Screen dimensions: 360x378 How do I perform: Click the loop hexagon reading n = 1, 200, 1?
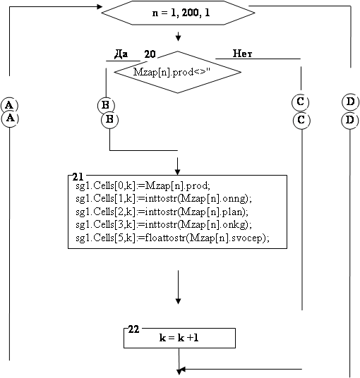pyautogui.click(x=178, y=13)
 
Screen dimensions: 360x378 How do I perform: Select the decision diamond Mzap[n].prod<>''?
pyautogui.click(x=178, y=72)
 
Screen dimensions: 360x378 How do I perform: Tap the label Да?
pyautogui.click(x=121, y=54)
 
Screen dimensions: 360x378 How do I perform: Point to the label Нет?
pyautogui.click(x=242, y=54)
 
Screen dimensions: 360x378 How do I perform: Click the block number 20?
pyautogui.click(x=150, y=54)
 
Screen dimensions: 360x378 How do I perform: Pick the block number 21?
pyautogui.click(x=78, y=177)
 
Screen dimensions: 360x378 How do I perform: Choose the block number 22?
pyautogui.click(x=133, y=329)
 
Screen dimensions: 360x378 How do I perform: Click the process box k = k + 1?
pyautogui.click(x=179, y=338)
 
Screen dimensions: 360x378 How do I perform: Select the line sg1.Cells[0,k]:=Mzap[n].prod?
pyautogui.click(x=143, y=186)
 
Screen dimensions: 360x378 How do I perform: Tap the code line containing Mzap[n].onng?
pyautogui.click(x=164, y=199)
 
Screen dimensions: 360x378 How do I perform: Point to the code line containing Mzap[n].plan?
pyautogui.click(x=162, y=212)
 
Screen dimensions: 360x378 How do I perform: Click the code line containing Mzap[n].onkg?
pyautogui.click(x=164, y=225)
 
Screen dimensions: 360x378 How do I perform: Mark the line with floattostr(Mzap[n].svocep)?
pyautogui.click(x=172, y=238)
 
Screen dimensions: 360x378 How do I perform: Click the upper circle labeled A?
pyautogui.click(x=9, y=105)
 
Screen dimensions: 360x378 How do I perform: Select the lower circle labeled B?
pyautogui.click(x=110, y=120)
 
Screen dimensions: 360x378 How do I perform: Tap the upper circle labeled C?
pyautogui.click(x=301, y=102)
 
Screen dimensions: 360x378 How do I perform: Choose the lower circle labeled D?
pyautogui.click(x=350, y=120)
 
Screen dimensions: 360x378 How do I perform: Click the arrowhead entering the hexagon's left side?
pyautogui.click(x=100, y=6)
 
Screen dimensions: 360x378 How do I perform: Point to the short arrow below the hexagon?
pyautogui.click(x=178, y=36)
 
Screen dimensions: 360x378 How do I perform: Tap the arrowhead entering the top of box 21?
pyautogui.click(x=178, y=172)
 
